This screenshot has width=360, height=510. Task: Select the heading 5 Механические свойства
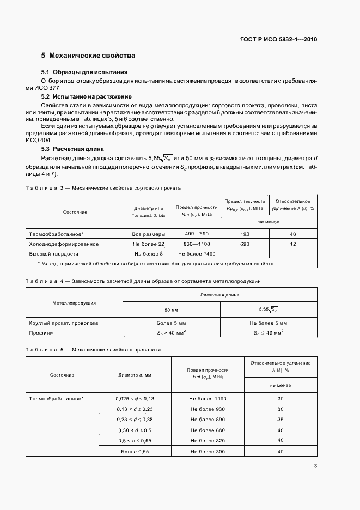88,56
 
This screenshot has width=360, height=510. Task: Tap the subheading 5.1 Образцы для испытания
84,72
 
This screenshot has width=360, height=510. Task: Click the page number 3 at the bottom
316,465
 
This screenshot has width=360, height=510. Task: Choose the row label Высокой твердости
54,253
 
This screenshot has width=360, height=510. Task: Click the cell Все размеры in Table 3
144,234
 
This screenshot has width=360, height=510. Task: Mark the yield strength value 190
245,234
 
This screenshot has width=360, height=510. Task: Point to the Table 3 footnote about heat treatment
156,264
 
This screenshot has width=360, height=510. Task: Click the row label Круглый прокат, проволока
64,323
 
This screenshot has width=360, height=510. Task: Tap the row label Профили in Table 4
40,332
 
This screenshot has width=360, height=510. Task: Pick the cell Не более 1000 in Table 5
208,399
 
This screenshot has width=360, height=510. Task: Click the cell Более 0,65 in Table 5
135,451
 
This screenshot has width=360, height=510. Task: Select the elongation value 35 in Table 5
280,420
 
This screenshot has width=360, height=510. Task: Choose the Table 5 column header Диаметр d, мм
135,375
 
